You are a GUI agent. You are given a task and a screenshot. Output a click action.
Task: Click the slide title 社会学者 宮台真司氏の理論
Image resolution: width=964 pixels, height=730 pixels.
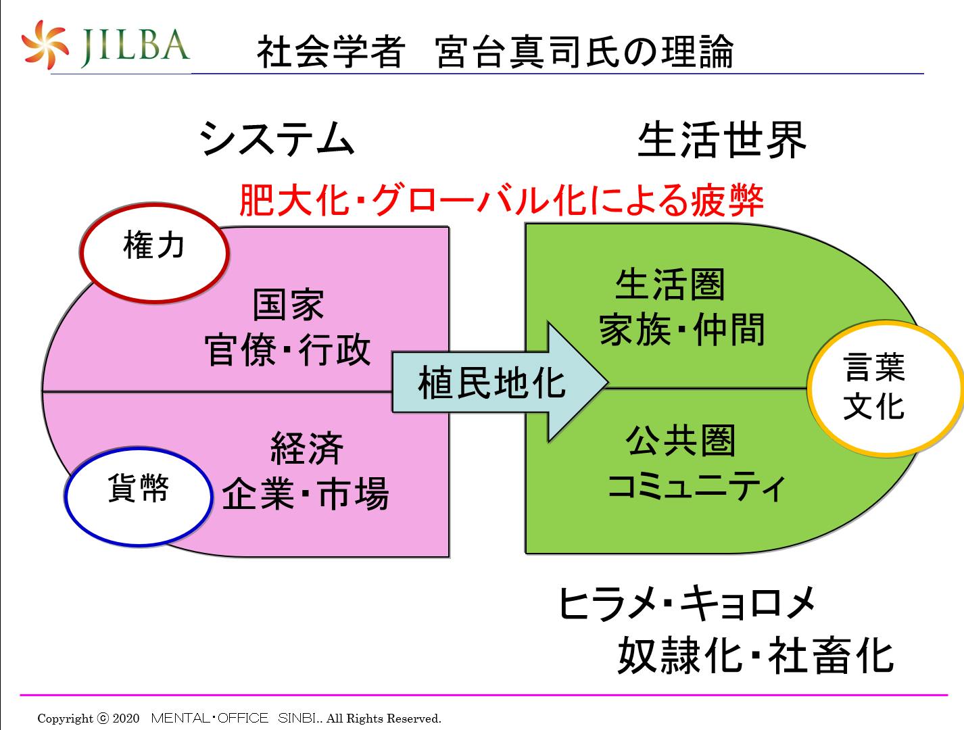point(495,51)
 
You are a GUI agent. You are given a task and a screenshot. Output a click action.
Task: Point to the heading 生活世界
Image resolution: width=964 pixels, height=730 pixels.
point(722,140)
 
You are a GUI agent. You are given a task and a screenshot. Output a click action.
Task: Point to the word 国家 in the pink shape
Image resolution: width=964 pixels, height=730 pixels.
point(289,305)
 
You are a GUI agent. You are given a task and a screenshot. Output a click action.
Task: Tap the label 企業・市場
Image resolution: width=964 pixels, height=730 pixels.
point(306,493)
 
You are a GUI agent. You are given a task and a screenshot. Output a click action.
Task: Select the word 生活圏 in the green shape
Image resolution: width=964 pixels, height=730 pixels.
point(669,285)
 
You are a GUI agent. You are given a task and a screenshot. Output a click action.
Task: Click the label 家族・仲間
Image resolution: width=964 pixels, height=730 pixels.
point(681,330)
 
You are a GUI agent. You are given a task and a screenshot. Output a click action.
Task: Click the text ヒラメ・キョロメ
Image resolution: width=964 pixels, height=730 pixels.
point(687,604)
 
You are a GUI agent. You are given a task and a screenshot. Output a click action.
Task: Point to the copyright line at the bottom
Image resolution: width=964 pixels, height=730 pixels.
point(239,718)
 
